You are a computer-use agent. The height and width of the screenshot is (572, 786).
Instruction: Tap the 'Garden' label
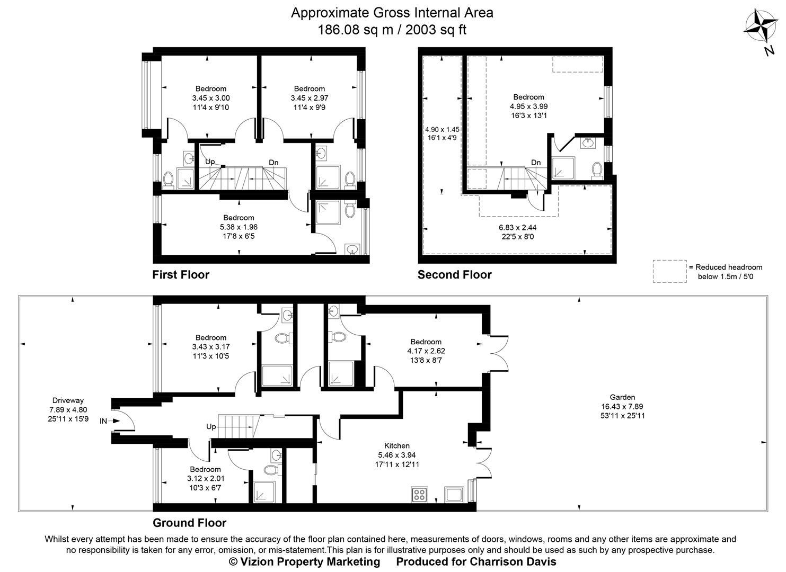click(x=622, y=397)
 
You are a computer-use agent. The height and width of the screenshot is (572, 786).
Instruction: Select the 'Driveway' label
click(x=68, y=400)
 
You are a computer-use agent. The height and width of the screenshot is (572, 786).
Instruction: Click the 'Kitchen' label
click(x=397, y=445)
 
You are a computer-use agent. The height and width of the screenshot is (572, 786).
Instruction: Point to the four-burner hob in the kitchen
click(x=419, y=495)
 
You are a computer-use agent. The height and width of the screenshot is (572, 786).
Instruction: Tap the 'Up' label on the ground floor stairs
click(x=211, y=426)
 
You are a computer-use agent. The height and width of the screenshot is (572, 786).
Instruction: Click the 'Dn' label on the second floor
click(x=536, y=163)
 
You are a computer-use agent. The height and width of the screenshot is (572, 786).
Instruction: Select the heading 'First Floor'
click(x=181, y=275)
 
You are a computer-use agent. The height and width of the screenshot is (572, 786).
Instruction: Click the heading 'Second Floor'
click(x=454, y=275)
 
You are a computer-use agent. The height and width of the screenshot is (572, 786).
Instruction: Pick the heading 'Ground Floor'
click(x=189, y=523)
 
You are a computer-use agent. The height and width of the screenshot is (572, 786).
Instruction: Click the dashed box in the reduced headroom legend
click(x=669, y=271)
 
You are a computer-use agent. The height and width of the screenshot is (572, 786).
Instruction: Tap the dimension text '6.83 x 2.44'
click(x=517, y=227)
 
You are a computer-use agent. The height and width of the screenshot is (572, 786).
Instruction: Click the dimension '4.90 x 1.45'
click(x=442, y=129)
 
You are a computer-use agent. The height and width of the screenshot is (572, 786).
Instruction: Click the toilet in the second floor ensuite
click(x=597, y=169)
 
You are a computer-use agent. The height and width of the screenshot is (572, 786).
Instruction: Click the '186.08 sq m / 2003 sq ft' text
click(x=392, y=30)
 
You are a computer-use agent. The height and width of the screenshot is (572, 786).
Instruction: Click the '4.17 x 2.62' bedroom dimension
click(x=426, y=351)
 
